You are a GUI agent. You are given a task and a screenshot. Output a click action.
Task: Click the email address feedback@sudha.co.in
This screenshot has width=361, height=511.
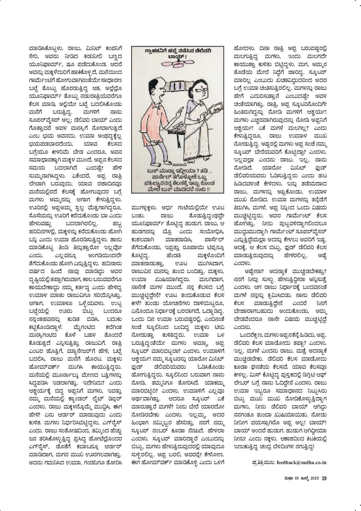[301, 462]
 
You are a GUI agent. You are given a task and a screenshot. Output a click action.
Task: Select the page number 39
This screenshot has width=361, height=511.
[324, 478]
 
